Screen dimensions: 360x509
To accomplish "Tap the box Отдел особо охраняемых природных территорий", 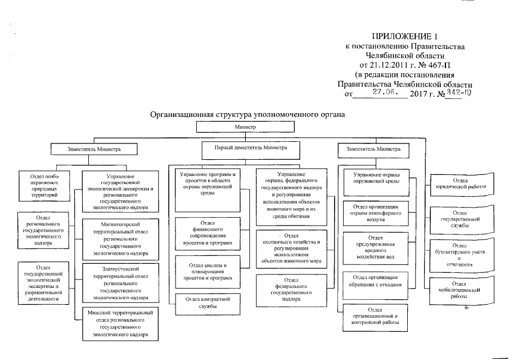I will tap(43, 185).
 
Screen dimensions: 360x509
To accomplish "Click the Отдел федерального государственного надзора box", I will tap(291, 290).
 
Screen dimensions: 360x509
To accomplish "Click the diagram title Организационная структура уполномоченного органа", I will tap(246, 114).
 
